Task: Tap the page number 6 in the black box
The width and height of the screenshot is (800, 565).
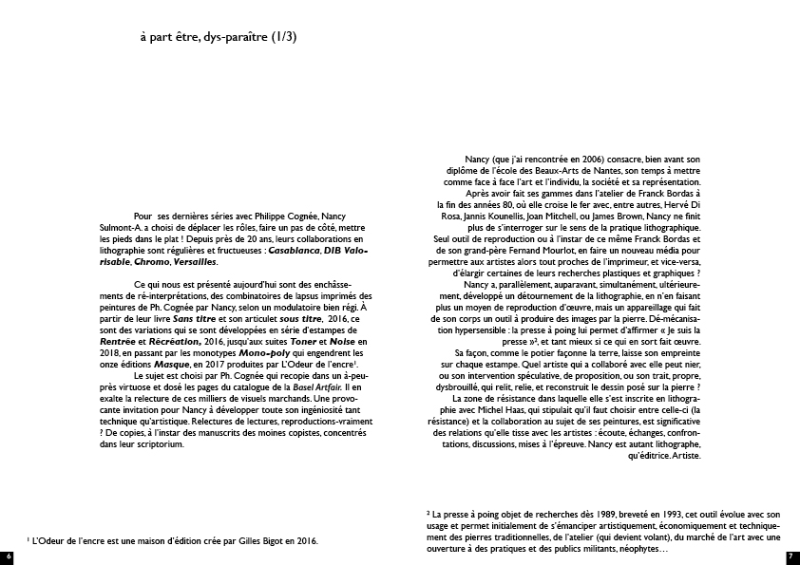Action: click(x=7, y=556)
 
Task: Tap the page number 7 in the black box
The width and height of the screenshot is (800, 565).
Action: click(x=791, y=556)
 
